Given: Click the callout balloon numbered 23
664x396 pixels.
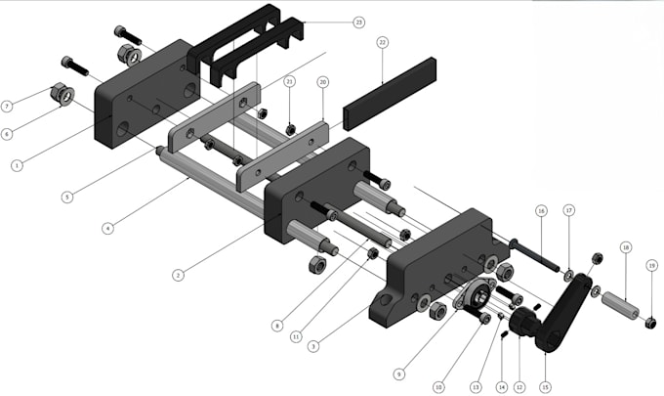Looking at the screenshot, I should tap(358, 22).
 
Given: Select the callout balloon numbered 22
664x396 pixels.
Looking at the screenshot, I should tap(383, 43).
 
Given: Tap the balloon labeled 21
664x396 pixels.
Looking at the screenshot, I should tap(289, 82).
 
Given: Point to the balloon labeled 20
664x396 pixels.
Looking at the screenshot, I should tap(322, 82).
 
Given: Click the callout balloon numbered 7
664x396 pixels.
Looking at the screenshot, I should tap(7, 106).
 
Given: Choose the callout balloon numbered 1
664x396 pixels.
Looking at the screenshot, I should tap(17, 166).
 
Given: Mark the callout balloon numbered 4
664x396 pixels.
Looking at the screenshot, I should tap(107, 229).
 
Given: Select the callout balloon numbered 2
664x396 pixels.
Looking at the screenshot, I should tap(178, 276).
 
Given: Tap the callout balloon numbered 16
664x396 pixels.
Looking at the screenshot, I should tap(540, 210).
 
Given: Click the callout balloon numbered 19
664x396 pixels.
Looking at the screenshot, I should tap(651, 265).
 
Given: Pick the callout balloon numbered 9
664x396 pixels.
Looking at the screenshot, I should tap(399, 373).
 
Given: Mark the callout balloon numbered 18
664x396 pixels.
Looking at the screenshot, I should tap(626, 247).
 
